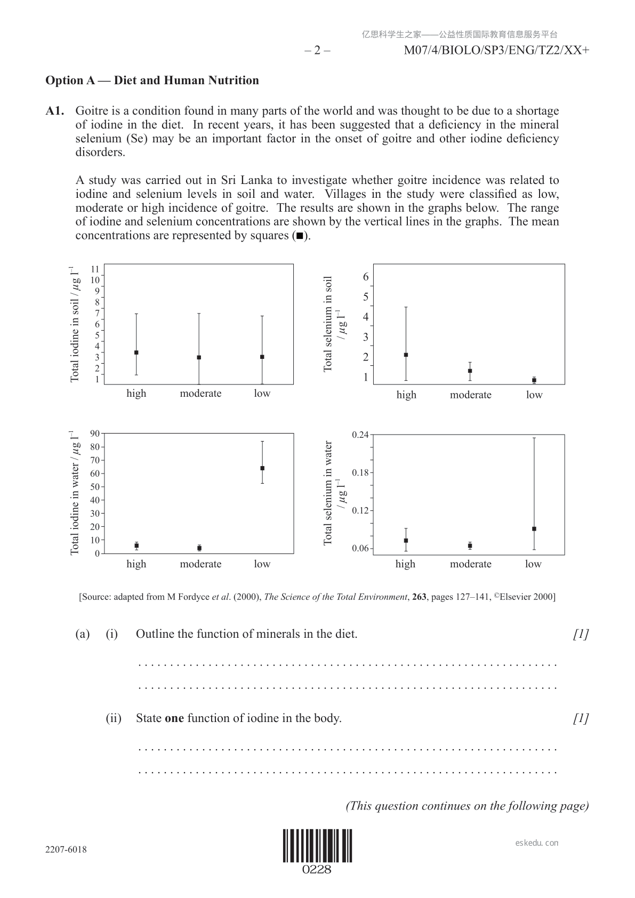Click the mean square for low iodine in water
[262, 468]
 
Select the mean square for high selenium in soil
[406, 355]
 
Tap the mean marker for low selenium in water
[534, 529]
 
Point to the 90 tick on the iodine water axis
[95, 434]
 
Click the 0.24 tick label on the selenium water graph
[360, 435]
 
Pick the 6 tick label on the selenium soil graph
[366, 277]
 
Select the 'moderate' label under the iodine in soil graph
[200, 394]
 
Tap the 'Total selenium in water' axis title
[328, 493]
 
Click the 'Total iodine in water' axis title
[75, 493]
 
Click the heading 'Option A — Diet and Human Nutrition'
[152, 81]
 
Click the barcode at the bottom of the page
[317, 846]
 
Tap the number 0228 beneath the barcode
[317, 870]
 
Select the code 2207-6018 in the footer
[66, 849]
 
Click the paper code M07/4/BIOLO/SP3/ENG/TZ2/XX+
[496, 51]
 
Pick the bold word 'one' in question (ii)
[174, 718]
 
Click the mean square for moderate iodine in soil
[199, 357]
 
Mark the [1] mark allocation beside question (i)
[581, 634]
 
